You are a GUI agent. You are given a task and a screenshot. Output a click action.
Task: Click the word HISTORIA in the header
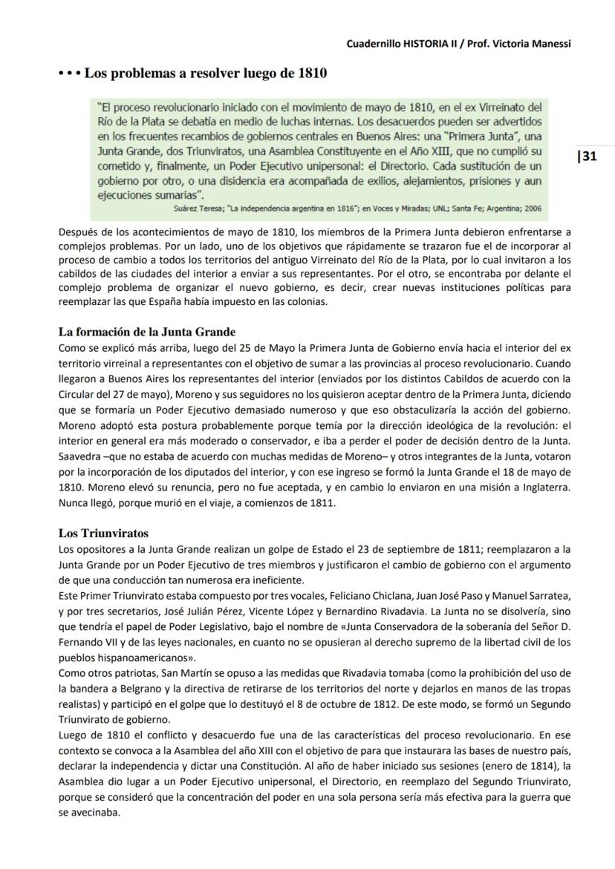coord(427,44)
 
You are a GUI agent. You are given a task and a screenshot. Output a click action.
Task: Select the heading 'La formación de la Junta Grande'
coord(146,332)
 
